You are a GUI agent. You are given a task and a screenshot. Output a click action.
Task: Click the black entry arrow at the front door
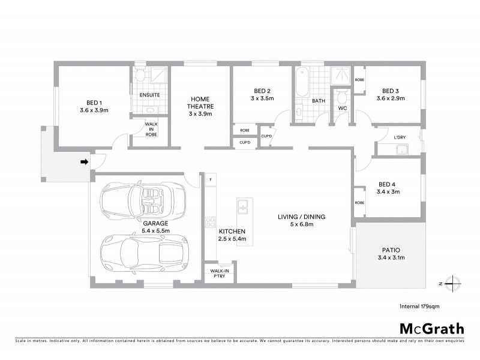click(85, 161)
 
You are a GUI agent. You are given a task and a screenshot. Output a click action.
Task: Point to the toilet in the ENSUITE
click(140, 76)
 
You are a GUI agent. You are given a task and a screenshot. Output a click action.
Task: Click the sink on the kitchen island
click(244, 207)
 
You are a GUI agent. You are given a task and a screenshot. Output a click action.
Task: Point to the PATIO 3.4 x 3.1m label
click(391, 254)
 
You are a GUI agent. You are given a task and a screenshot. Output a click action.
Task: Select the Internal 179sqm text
click(419, 306)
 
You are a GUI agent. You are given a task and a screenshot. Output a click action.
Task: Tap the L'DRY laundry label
click(400, 137)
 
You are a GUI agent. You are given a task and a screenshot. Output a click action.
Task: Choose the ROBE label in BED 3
click(359, 80)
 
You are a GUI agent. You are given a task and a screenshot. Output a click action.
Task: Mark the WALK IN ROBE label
click(151, 129)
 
